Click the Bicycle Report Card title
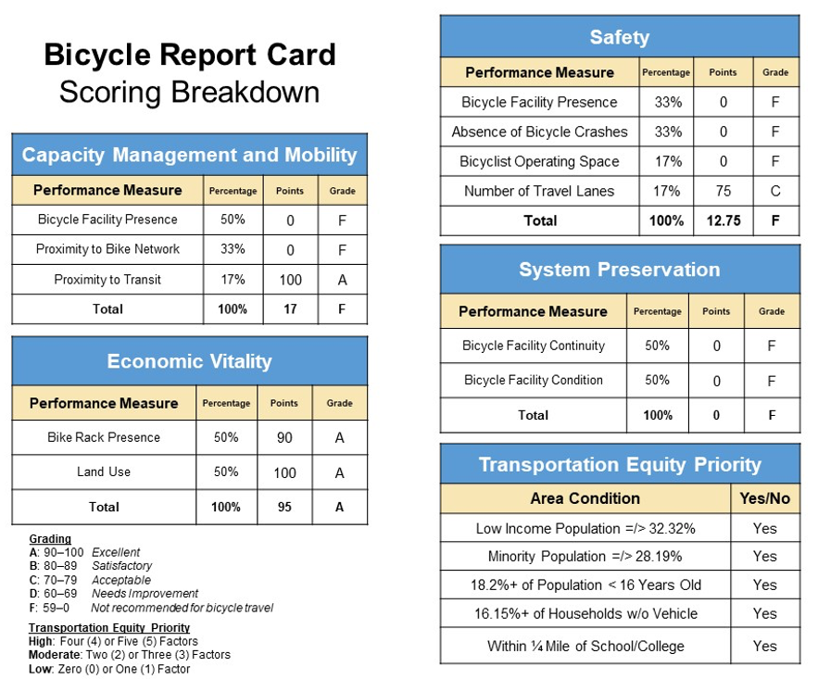click(190, 55)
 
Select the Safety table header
click(619, 37)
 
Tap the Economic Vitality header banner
click(189, 361)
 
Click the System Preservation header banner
click(619, 270)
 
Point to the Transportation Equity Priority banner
click(619, 464)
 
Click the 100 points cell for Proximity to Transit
click(290, 280)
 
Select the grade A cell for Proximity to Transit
click(341, 280)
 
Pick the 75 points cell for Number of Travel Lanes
click(724, 191)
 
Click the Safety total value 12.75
click(724, 220)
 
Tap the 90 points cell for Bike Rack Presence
click(284, 437)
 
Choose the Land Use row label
click(104, 472)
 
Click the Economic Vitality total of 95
click(284, 507)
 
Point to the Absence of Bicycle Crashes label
click(539, 132)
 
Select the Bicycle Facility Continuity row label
click(533, 346)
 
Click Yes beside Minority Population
click(764, 556)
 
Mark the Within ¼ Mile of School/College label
click(585, 646)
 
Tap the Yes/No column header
click(764, 498)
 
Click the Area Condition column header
click(585, 498)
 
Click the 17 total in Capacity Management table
click(290, 309)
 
